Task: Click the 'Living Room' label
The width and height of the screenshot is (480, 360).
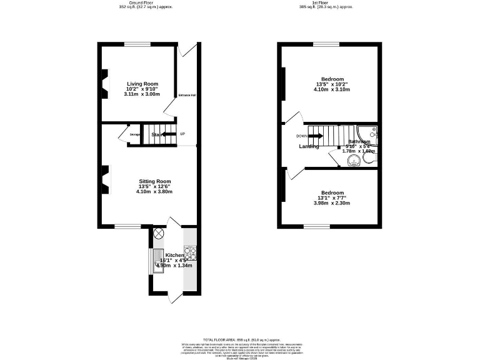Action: tap(142, 84)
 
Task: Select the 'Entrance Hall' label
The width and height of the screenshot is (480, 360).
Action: tap(187, 95)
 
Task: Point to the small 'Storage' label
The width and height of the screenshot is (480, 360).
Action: tap(135, 134)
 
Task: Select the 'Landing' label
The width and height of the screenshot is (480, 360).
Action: tap(309, 146)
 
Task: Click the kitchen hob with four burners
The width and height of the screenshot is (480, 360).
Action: tap(190, 252)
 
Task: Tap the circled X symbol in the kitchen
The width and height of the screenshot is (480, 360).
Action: tap(158, 234)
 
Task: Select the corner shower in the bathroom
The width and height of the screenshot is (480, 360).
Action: tap(372, 133)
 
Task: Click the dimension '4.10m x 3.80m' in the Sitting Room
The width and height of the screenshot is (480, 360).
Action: tap(154, 191)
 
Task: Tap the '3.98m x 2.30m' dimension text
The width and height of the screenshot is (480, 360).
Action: tap(332, 203)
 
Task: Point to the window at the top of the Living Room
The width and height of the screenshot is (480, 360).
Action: tap(137, 44)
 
